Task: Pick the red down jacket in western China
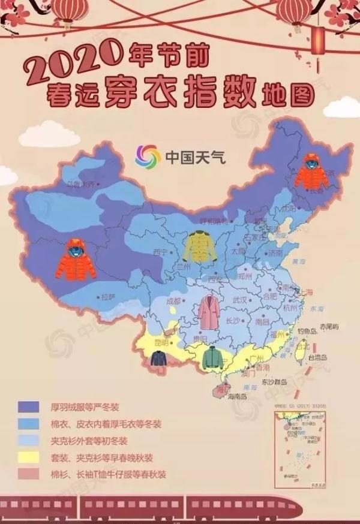[76, 259]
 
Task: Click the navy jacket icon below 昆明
[159, 359]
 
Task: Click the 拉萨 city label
[108, 297]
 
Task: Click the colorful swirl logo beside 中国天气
[147, 157]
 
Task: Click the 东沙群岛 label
[274, 381]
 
